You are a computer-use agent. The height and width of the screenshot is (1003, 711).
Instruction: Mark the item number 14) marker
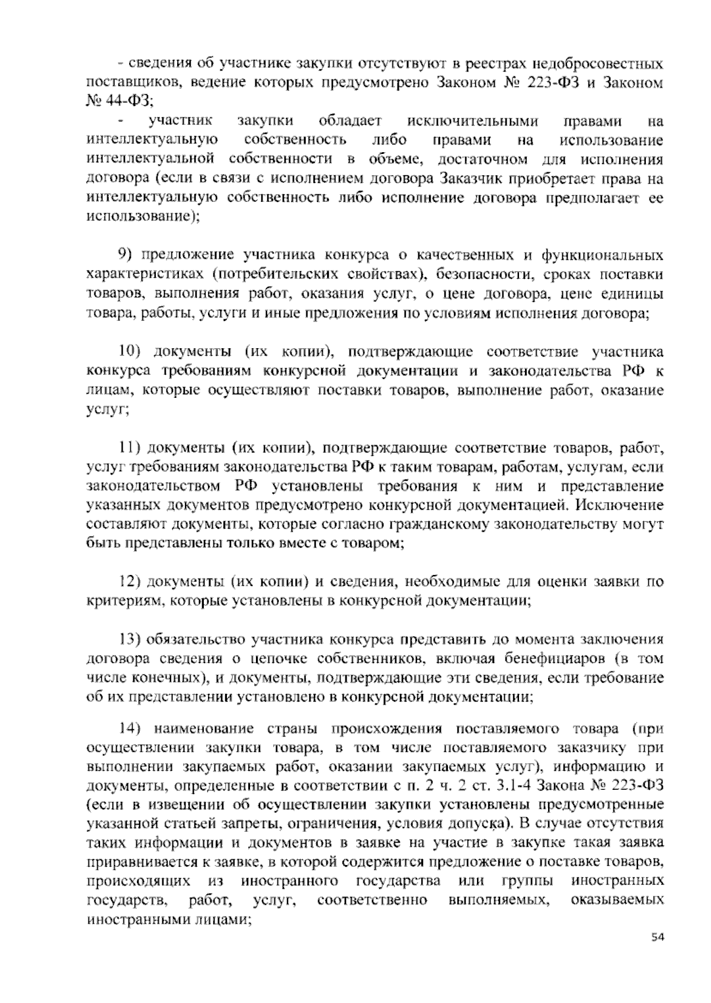pyautogui.click(x=129, y=728)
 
